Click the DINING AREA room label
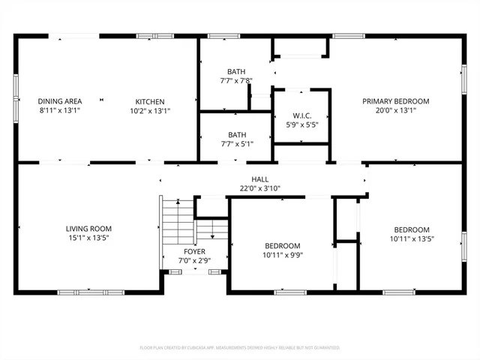coord(60,101)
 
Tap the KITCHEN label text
coord(150,101)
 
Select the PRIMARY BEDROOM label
coord(396,101)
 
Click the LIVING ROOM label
coord(89,229)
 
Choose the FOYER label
coord(194,252)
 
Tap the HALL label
coord(259,179)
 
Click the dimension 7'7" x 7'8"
coord(236,80)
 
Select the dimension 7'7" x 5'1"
coord(236,143)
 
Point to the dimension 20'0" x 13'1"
coord(396,110)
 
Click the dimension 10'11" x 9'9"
coord(282,255)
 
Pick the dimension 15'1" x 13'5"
coord(89,238)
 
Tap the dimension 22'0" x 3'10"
coord(259,188)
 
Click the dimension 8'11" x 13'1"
coord(60,110)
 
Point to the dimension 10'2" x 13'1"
coord(150,110)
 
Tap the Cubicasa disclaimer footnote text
coord(240,348)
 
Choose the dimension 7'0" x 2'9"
coord(194,261)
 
